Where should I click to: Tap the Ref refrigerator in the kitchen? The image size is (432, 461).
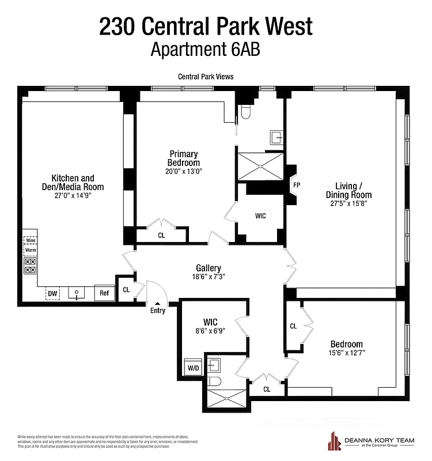[104, 293]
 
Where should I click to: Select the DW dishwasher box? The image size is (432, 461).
[53, 293]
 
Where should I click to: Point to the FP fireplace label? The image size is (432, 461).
[297, 186]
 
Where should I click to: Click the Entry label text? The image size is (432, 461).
[157, 311]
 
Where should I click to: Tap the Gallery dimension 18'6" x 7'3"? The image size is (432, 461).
[208, 277]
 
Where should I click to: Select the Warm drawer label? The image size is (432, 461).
[30, 250]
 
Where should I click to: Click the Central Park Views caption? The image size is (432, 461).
[206, 77]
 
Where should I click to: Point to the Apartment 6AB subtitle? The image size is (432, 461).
[206, 50]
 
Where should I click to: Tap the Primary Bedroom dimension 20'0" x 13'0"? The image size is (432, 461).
[184, 171]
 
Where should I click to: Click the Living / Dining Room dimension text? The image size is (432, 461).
[345, 203]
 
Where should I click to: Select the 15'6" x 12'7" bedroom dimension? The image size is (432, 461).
[346, 352]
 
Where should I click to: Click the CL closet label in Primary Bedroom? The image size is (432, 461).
[161, 235]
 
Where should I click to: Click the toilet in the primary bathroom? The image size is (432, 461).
[244, 112]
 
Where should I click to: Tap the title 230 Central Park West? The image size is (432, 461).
[206, 25]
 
